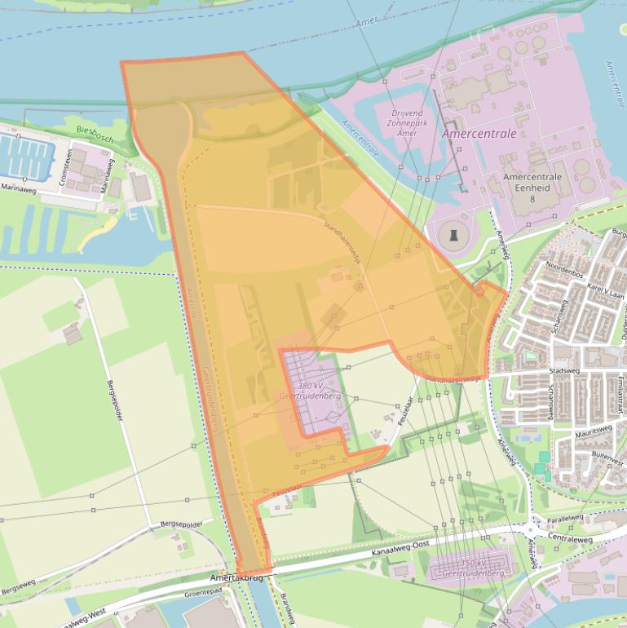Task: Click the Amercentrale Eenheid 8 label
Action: (x=532, y=187)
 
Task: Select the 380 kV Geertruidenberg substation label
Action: (x=309, y=391)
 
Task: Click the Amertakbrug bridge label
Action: (x=239, y=577)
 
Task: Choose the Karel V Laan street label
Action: (x=606, y=290)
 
